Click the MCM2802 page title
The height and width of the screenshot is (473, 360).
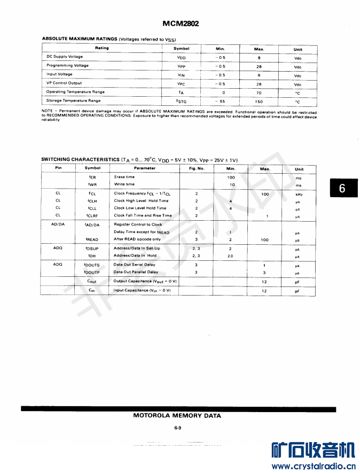coord(181,24)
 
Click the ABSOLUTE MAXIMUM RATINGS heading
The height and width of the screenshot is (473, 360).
coord(80,39)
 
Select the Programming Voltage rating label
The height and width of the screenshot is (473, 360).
coord(68,66)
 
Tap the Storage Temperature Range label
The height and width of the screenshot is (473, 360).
coord(73,100)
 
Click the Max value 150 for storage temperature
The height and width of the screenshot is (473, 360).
coord(259,101)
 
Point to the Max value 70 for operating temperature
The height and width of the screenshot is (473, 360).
coord(259,92)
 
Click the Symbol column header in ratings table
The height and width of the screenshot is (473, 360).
coord(181,49)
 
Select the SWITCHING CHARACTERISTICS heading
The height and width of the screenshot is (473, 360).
coord(81,159)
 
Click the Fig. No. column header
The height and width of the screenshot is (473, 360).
coord(197,168)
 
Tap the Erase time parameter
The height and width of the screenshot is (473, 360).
coord(124,177)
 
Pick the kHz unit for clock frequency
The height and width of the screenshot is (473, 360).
coord(299,194)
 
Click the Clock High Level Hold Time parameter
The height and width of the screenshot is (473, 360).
coord(141,201)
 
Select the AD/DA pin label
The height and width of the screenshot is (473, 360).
coord(58,224)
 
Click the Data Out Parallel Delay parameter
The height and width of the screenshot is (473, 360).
coord(136,272)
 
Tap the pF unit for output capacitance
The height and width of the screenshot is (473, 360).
coord(298,282)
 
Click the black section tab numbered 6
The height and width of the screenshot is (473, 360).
coord(342,188)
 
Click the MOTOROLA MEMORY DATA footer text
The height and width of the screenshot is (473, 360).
coord(177,416)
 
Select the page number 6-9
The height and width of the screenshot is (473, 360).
coord(178,428)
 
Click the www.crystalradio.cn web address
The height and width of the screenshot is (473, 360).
coord(313,466)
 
